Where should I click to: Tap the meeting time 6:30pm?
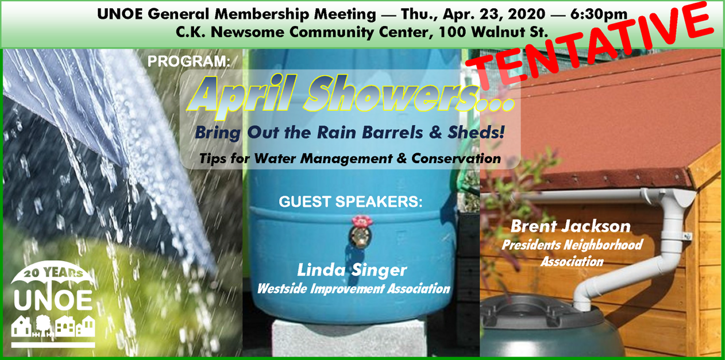click(x=599, y=14)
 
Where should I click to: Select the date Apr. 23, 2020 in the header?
click(x=494, y=14)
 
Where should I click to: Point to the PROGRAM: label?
click(x=189, y=61)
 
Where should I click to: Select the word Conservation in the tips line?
click(x=456, y=158)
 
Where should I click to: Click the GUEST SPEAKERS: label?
click(x=351, y=201)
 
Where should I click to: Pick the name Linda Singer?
click(x=352, y=270)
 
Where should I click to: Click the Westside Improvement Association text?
click(x=354, y=288)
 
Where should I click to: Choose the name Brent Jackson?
click(x=571, y=226)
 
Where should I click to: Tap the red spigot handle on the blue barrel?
click(x=362, y=222)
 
